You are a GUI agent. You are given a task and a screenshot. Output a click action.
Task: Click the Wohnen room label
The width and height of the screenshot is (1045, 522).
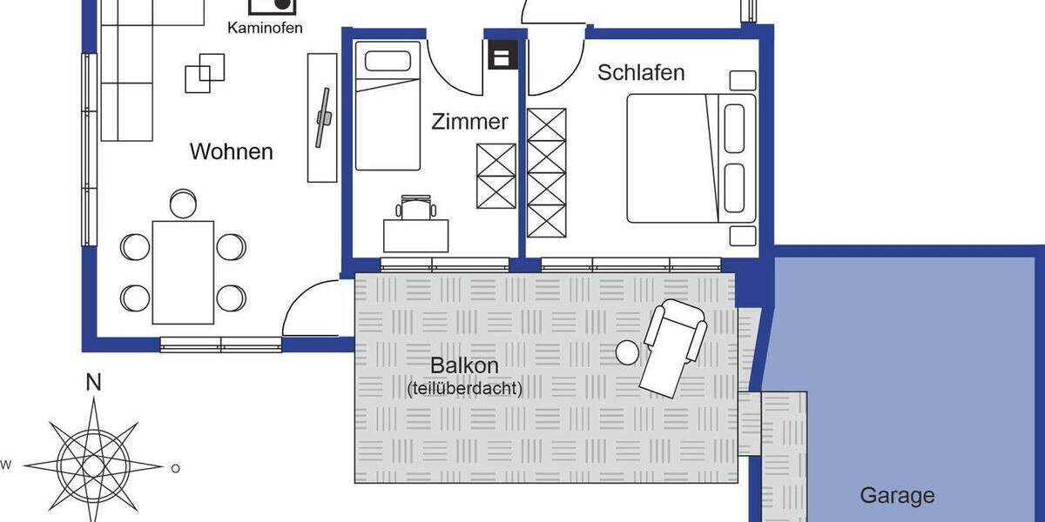[x=231, y=151]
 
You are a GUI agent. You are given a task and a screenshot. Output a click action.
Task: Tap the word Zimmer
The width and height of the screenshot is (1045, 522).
[x=469, y=122]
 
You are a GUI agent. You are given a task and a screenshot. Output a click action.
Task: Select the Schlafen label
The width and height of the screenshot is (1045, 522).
[x=640, y=72]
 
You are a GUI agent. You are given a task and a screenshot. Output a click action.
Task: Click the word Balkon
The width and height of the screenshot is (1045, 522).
[x=464, y=365]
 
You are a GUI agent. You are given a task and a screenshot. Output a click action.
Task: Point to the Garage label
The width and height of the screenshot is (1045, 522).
[x=897, y=496]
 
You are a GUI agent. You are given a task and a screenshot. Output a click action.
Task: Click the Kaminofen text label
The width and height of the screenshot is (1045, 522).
[x=265, y=28]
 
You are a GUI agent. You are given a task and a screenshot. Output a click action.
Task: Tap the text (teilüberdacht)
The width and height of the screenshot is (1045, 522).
[x=464, y=389]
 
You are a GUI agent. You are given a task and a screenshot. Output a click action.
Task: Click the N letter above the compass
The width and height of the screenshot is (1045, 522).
[x=93, y=383]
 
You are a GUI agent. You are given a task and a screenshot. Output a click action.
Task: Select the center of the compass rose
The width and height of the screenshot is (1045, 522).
[x=93, y=465]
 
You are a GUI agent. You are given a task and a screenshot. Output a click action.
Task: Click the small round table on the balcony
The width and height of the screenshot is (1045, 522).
[x=628, y=352]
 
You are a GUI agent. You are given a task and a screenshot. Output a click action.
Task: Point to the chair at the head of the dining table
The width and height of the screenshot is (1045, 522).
[x=183, y=204]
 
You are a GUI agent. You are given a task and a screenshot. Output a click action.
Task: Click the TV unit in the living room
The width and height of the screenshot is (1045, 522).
[x=321, y=117]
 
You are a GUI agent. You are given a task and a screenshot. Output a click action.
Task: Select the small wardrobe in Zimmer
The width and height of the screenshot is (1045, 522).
[x=496, y=177]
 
